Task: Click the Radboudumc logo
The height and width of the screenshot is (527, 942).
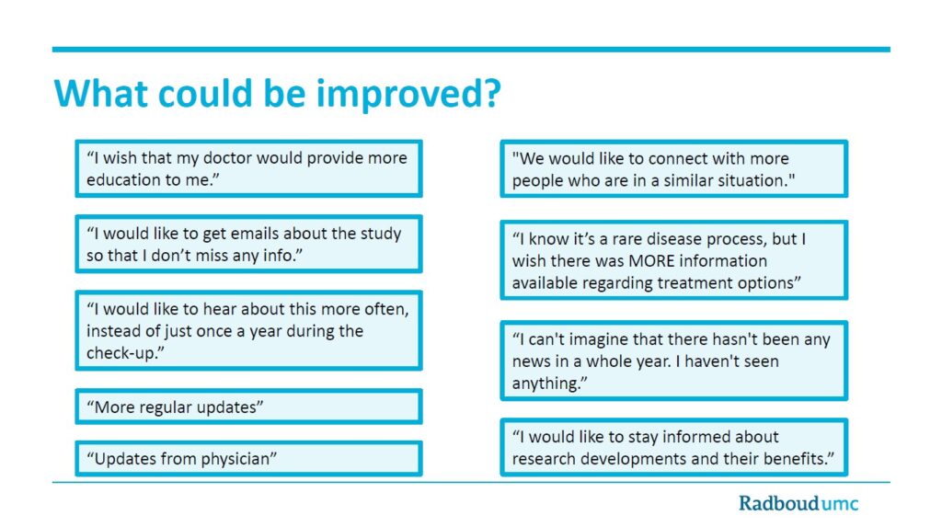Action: (x=798, y=503)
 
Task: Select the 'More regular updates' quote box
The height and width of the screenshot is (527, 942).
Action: (x=248, y=407)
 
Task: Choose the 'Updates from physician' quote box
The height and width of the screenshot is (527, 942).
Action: (x=248, y=459)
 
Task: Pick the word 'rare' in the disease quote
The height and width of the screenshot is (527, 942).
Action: (x=617, y=239)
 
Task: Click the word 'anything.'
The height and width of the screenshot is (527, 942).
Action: (x=550, y=384)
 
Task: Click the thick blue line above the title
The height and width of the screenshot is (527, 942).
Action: (x=471, y=50)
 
